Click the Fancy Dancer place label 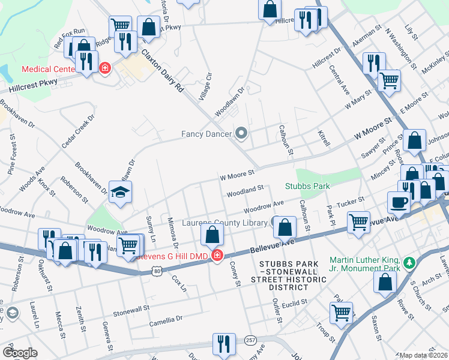[x=207, y=134]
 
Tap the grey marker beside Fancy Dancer [x=242, y=133]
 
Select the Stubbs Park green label [x=307, y=186]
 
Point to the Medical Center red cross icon [x=104, y=68]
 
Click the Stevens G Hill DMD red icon [x=216, y=257]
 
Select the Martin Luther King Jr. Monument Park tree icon [x=409, y=262]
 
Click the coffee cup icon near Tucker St [x=399, y=203]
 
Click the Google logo [x=20, y=353]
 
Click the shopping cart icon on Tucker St [x=358, y=222]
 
